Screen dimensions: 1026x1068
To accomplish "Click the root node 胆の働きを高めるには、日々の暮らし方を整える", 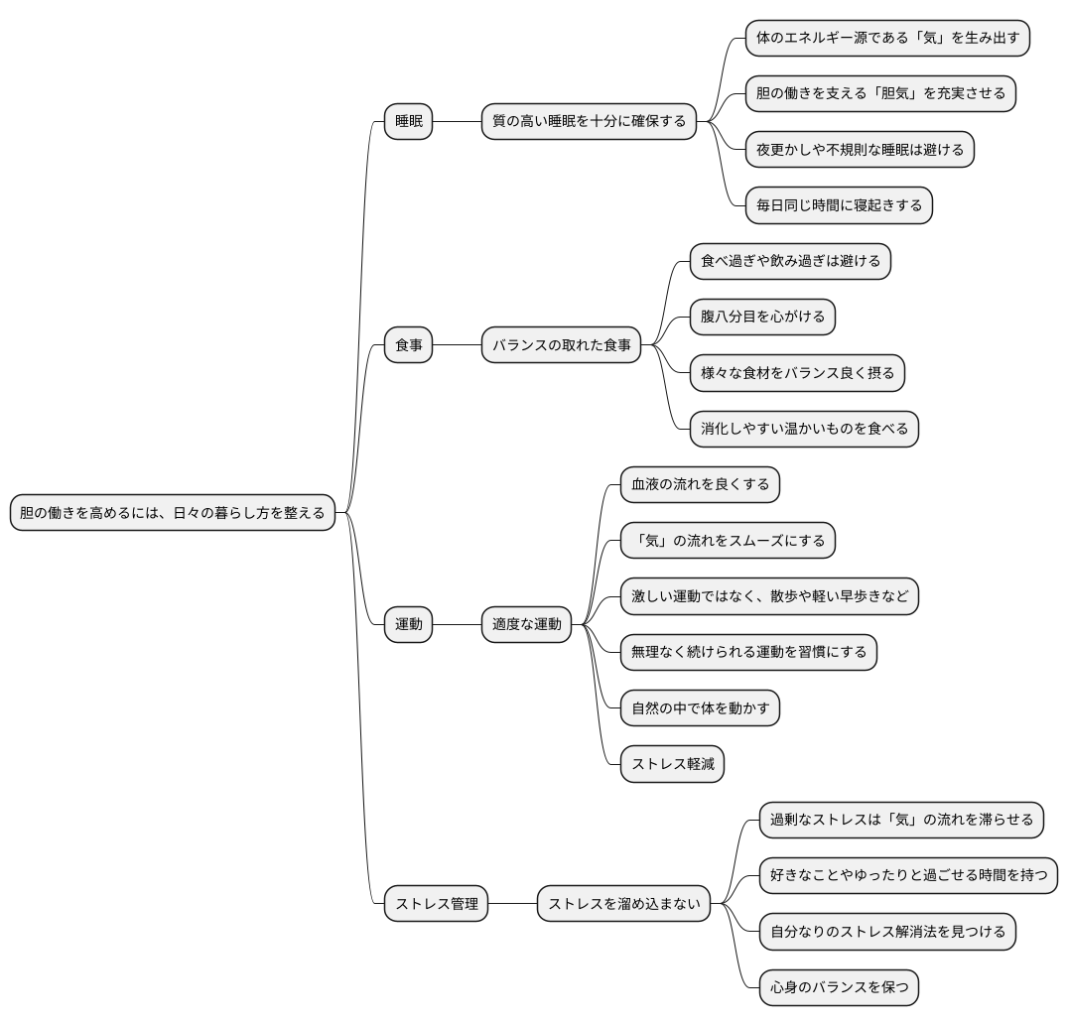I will (x=173, y=513).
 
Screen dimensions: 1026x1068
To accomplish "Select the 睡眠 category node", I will (x=408, y=122).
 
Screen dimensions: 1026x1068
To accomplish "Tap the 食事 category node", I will (x=408, y=345).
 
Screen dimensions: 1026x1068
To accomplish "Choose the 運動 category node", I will (x=408, y=625).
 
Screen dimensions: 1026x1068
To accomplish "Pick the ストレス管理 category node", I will (x=436, y=904).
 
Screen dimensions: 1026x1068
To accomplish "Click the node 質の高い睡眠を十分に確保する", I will (x=589, y=122).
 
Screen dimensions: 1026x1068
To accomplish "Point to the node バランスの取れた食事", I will (x=561, y=345).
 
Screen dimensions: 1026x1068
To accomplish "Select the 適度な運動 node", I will (x=526, y=625).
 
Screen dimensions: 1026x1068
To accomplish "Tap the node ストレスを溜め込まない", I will (x=624, y=904).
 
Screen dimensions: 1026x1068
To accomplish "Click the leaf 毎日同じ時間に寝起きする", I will (x=839, y=205).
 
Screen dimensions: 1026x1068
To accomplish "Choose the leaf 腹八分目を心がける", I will (x=762, y=318).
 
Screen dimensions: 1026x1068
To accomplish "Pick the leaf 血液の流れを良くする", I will (x=700, y=485).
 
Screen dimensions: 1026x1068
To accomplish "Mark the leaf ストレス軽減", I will (x=672, y=765).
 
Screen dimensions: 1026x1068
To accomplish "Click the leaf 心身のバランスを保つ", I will (x=839, y=987).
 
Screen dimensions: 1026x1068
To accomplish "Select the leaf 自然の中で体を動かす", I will (x=700, y=708).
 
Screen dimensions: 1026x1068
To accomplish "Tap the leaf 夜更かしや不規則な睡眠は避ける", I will (x=860, y=150).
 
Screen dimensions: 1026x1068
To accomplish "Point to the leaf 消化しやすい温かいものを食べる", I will (x=804, y=430).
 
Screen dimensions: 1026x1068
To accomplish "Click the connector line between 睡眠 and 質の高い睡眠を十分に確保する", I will (x=457, y=122).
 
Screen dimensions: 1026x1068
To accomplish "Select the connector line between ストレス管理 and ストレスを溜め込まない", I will (x=512, y=904).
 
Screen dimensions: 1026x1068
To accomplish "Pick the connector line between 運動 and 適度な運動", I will (x=457, y=625).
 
